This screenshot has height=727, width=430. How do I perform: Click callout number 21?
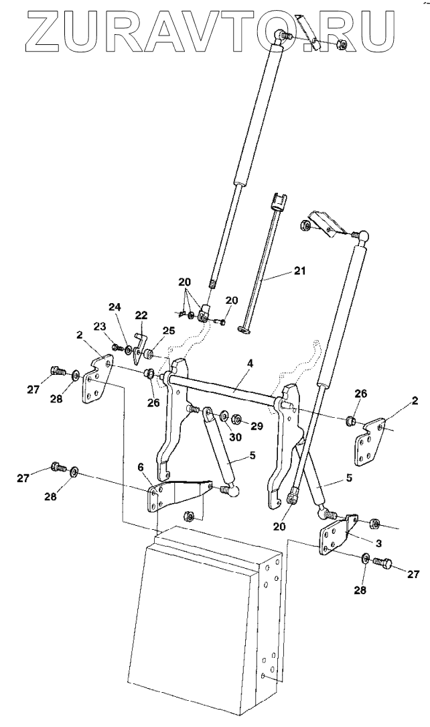coord(299,271)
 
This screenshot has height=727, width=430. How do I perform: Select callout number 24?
coord(115,307)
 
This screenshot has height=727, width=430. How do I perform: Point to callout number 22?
coord(141,315)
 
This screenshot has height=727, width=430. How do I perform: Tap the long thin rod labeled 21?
coord(263,268)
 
